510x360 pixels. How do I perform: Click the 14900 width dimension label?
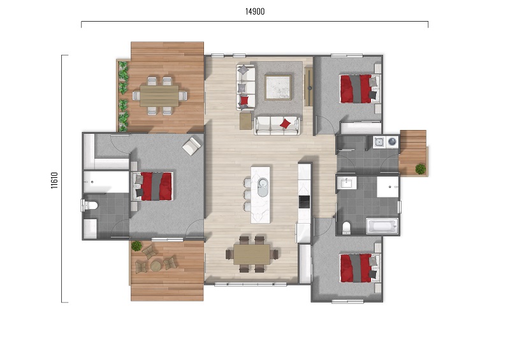tap(254, 11)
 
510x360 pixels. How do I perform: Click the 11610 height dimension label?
tap(54, 180)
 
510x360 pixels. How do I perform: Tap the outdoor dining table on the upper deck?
tap(159, 96)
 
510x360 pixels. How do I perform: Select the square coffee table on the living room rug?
tap(278, 87)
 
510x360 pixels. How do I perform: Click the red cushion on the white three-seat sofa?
tap(286, 124)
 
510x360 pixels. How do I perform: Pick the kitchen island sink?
tap(263, 187)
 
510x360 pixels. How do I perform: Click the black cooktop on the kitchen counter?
tap(304, 201)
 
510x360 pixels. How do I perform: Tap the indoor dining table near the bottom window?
tap(251, 254)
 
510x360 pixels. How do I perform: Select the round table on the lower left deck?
tap(156, 266)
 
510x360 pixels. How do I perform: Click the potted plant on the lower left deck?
tap(136, 246)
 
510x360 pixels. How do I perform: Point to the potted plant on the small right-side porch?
tap(420, 169)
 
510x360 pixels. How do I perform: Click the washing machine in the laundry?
tap(392, 141)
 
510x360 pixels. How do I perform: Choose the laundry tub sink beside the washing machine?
tap(379, 142)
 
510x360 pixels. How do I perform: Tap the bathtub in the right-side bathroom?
tap(382, 226)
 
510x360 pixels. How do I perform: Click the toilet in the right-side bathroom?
tap(346, 227)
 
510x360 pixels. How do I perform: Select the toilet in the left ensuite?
tap(89, 206)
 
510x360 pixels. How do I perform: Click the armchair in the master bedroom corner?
tap(192, 146)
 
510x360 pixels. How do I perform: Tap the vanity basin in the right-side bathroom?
tap(346, 184)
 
